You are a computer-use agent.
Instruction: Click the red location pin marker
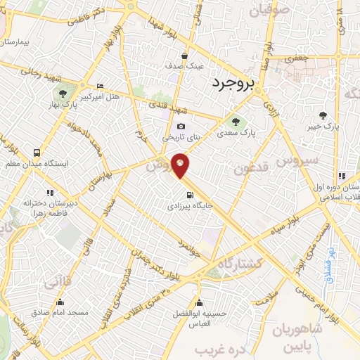point(181,165)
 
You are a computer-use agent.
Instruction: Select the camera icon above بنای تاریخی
point(181,127)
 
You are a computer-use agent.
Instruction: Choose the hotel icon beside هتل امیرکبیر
point(99,84)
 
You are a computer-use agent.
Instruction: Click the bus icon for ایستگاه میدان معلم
point(37,152)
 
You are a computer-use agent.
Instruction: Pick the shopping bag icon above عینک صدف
point(184,56)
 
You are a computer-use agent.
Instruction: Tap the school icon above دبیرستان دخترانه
point(50,192)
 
